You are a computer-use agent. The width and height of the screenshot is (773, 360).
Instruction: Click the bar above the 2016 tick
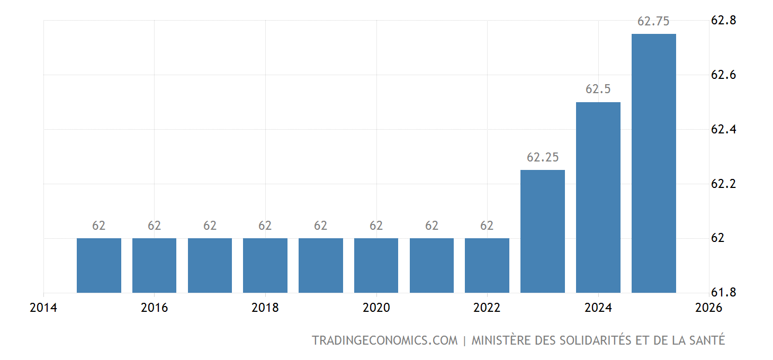(154, 265)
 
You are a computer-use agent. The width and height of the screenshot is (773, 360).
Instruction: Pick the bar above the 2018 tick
(265, 265)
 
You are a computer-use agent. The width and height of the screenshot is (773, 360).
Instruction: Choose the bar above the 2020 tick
(376, 265)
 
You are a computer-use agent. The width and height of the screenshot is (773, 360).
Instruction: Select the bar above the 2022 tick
(487, 265)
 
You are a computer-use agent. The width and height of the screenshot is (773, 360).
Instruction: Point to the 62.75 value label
(653, 22)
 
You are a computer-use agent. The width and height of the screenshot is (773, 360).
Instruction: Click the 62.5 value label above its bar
(598, 89)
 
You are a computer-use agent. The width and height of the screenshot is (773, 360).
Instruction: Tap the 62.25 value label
(543, 157)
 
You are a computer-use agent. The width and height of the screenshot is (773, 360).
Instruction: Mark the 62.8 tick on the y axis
(723, 21)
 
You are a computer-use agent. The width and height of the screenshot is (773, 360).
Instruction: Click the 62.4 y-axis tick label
(723, 130)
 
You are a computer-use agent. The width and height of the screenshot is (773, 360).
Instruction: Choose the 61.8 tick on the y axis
(723, 293)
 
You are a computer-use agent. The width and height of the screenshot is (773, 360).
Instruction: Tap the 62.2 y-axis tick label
(723, 184)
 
